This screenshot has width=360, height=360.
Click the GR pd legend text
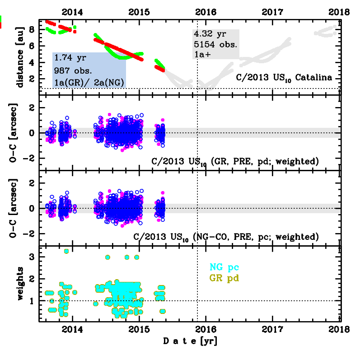[x=222, y=278]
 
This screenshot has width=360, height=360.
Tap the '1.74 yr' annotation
[x=67, y=58]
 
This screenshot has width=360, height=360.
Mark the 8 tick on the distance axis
[x=32, y=29]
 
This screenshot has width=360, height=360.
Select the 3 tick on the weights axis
[x=32, y=257]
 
